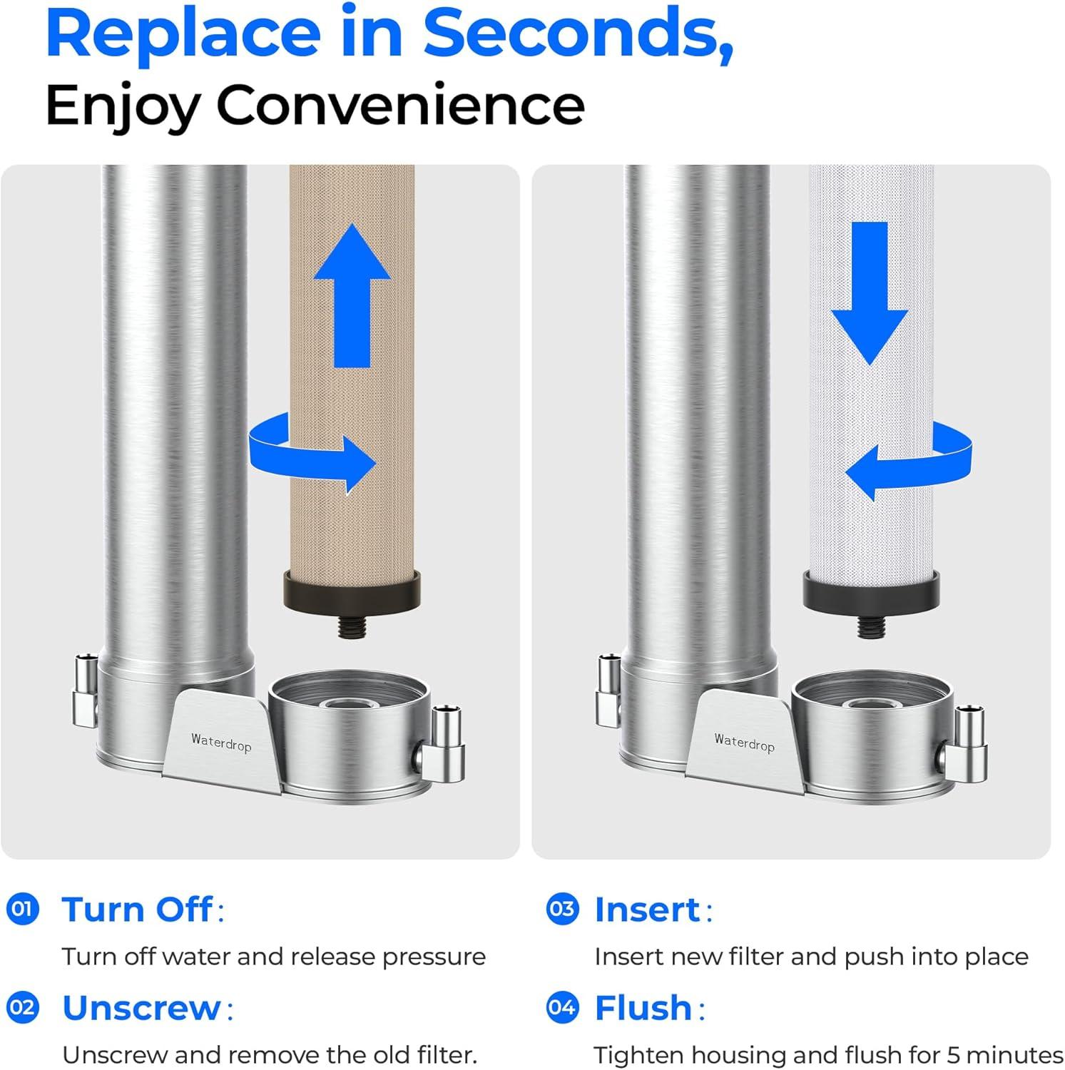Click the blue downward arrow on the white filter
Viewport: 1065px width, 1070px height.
(x=869, y=292)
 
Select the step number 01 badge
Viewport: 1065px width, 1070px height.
(x=23, y=909)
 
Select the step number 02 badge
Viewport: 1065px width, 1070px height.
(x=23, y=1008)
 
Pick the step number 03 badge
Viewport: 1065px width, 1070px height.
(x=562, y=909)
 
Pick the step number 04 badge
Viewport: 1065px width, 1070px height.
(x=562, y=1008)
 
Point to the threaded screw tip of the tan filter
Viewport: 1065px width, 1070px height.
(x=352, y=628)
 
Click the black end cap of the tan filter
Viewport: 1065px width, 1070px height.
(x=352, y=592)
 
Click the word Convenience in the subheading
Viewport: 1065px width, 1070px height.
(x=400, y=105)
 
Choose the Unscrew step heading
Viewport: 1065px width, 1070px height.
(x=142, y=1008)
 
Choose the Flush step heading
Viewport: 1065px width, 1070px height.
(x=643, y=1008)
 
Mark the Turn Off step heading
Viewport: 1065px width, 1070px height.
(x=137, y=909)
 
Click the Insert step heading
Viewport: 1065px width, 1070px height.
(x=647, y=909)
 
